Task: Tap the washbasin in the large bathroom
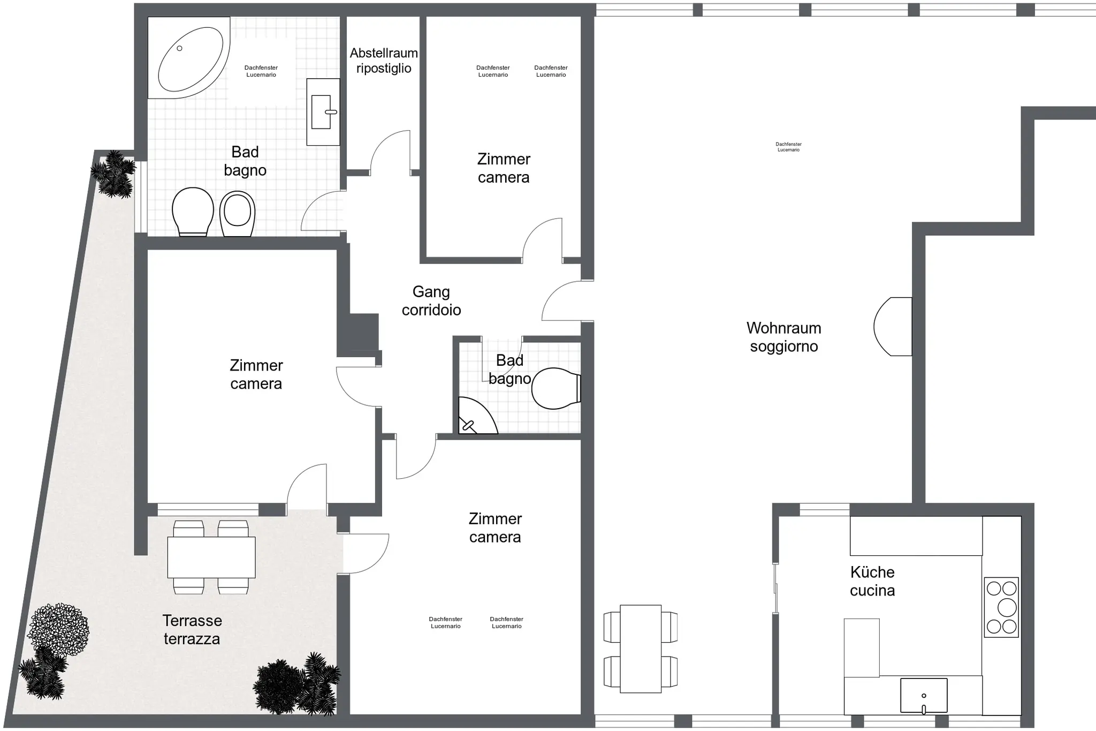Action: (x=323, y=112)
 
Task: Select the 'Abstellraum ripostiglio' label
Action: (x=384, y=61)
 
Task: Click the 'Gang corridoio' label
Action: (x=431, y=300)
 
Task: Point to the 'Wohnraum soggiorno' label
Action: (x=783, y=337)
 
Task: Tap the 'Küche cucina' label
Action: (x=872, y=581)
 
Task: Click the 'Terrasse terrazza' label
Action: (x=192, y=629)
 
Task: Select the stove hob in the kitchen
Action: (x=1001, y=607)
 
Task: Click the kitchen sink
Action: (x=924, y=696)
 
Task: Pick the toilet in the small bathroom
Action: (x=556, y=388)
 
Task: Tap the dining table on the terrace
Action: (x=211, y=557)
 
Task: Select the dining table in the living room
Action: (x=641, y=649)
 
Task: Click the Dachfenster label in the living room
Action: (x=788, y=147)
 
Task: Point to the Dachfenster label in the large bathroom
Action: (x=261, y=71)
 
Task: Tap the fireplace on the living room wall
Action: (x=893, y=327)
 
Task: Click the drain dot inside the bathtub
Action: (x=179, y=48)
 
